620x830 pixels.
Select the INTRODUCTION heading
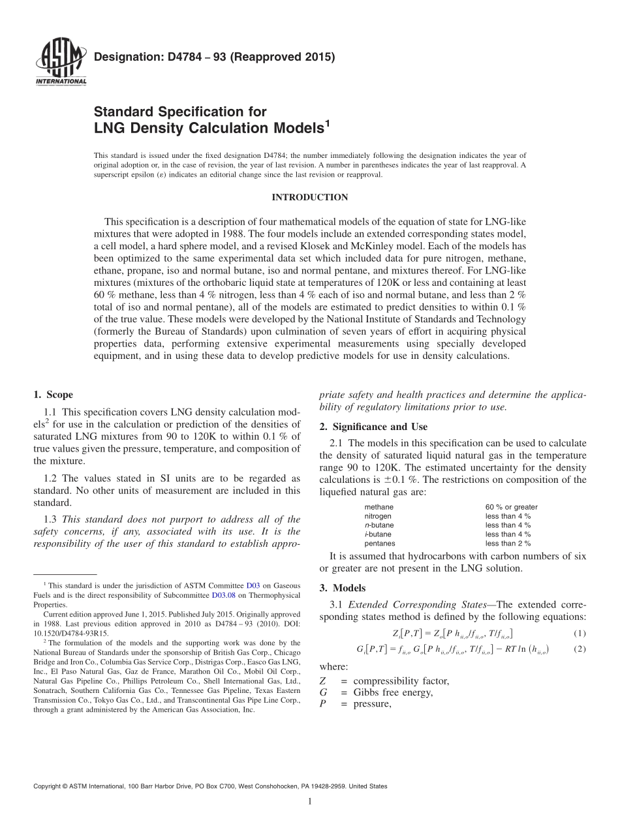point(309,197)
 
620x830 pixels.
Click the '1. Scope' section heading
point(53,395)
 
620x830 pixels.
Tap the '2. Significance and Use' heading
point(373,427)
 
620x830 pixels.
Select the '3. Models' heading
point(342,588)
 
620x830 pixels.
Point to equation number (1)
point(579,633)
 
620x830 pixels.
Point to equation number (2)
point(579,649)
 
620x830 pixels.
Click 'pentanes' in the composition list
point(380,543)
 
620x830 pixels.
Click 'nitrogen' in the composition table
point(378,516)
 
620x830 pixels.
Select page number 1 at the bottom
point(310,802)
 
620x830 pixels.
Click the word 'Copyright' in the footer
point(48,786)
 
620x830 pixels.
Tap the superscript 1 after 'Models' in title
point(327,121)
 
